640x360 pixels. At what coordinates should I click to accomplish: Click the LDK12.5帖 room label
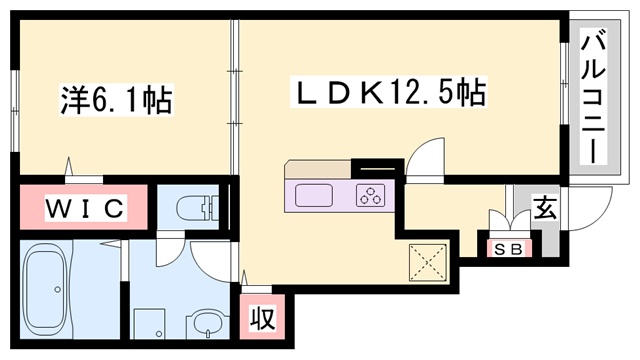click(388, 91)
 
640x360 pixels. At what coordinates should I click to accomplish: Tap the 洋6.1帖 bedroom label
click(116, 99)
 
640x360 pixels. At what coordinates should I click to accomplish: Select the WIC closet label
click(85, 208)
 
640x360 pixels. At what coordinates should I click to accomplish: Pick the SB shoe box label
click(509, 249)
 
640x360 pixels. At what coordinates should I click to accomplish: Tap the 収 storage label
click(262, 318)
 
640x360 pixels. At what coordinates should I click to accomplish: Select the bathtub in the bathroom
click(45, 289)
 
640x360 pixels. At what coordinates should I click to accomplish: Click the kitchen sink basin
click(313, 195)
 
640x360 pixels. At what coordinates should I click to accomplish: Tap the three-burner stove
click(370, 195)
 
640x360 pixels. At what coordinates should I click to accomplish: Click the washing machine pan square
click(149, 323)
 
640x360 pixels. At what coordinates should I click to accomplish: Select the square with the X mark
click(428, 262)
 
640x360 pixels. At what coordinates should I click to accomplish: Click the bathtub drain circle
click(58, 289)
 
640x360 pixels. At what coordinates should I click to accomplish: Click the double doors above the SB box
click(510, 220)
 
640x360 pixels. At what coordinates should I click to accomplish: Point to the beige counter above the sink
click(318, 170)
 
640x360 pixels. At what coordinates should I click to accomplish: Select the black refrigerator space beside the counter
click(378, 168)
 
